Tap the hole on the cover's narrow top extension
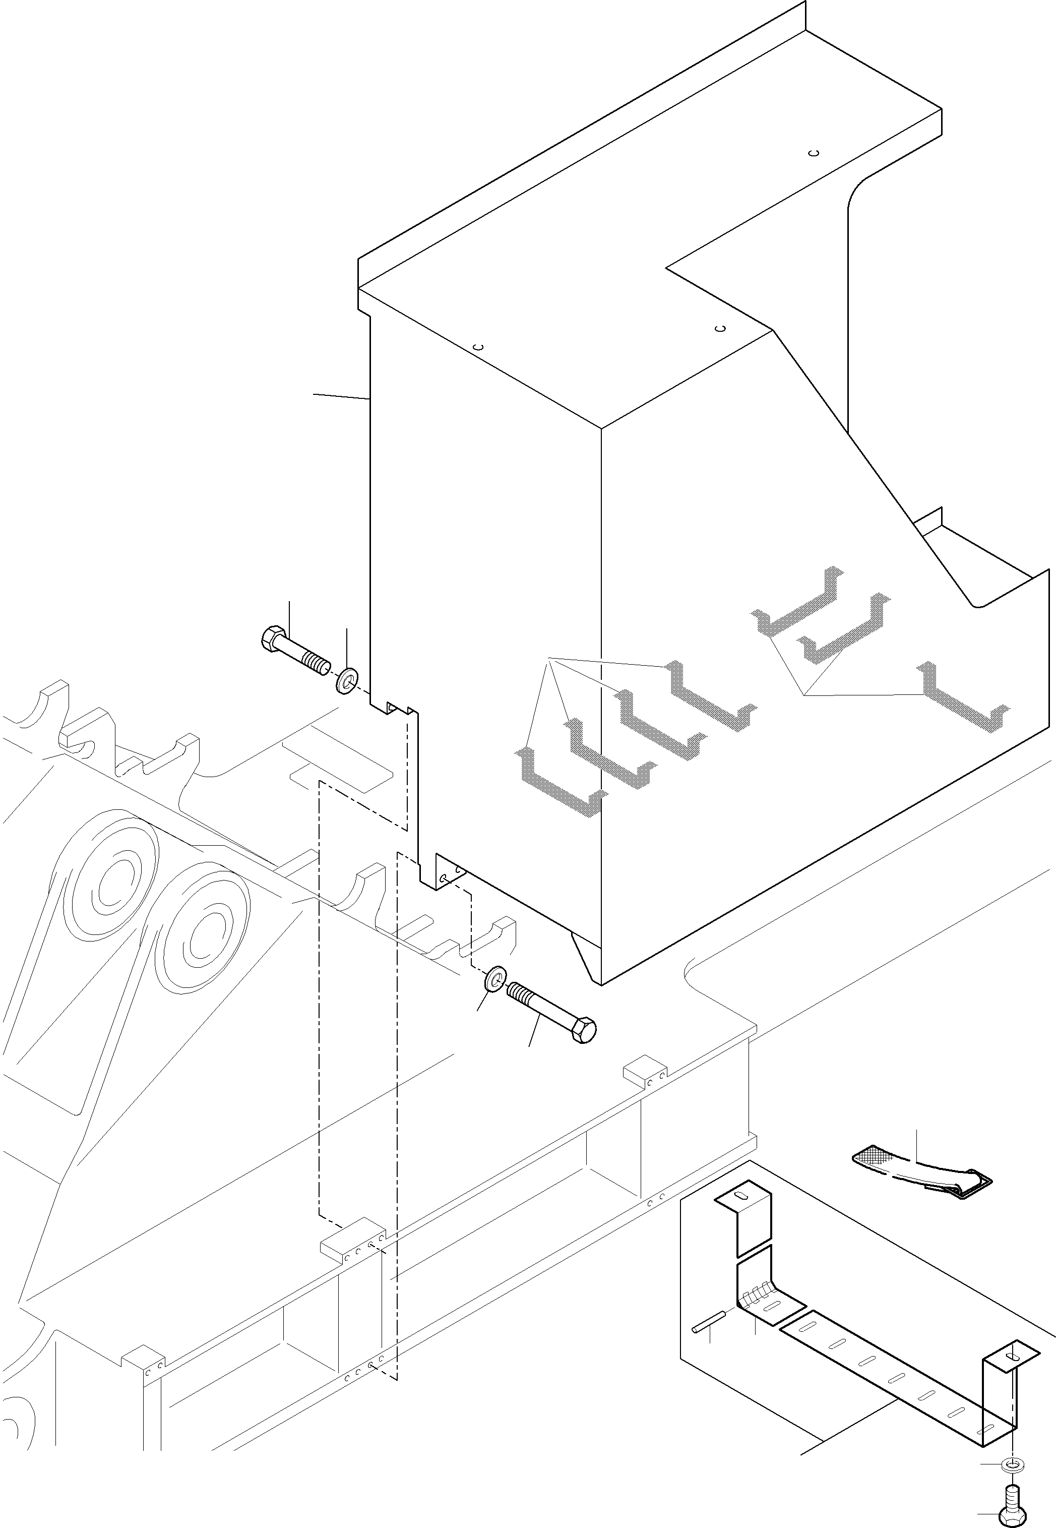[x=815, y=153]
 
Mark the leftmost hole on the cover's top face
[x=480, y=347]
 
